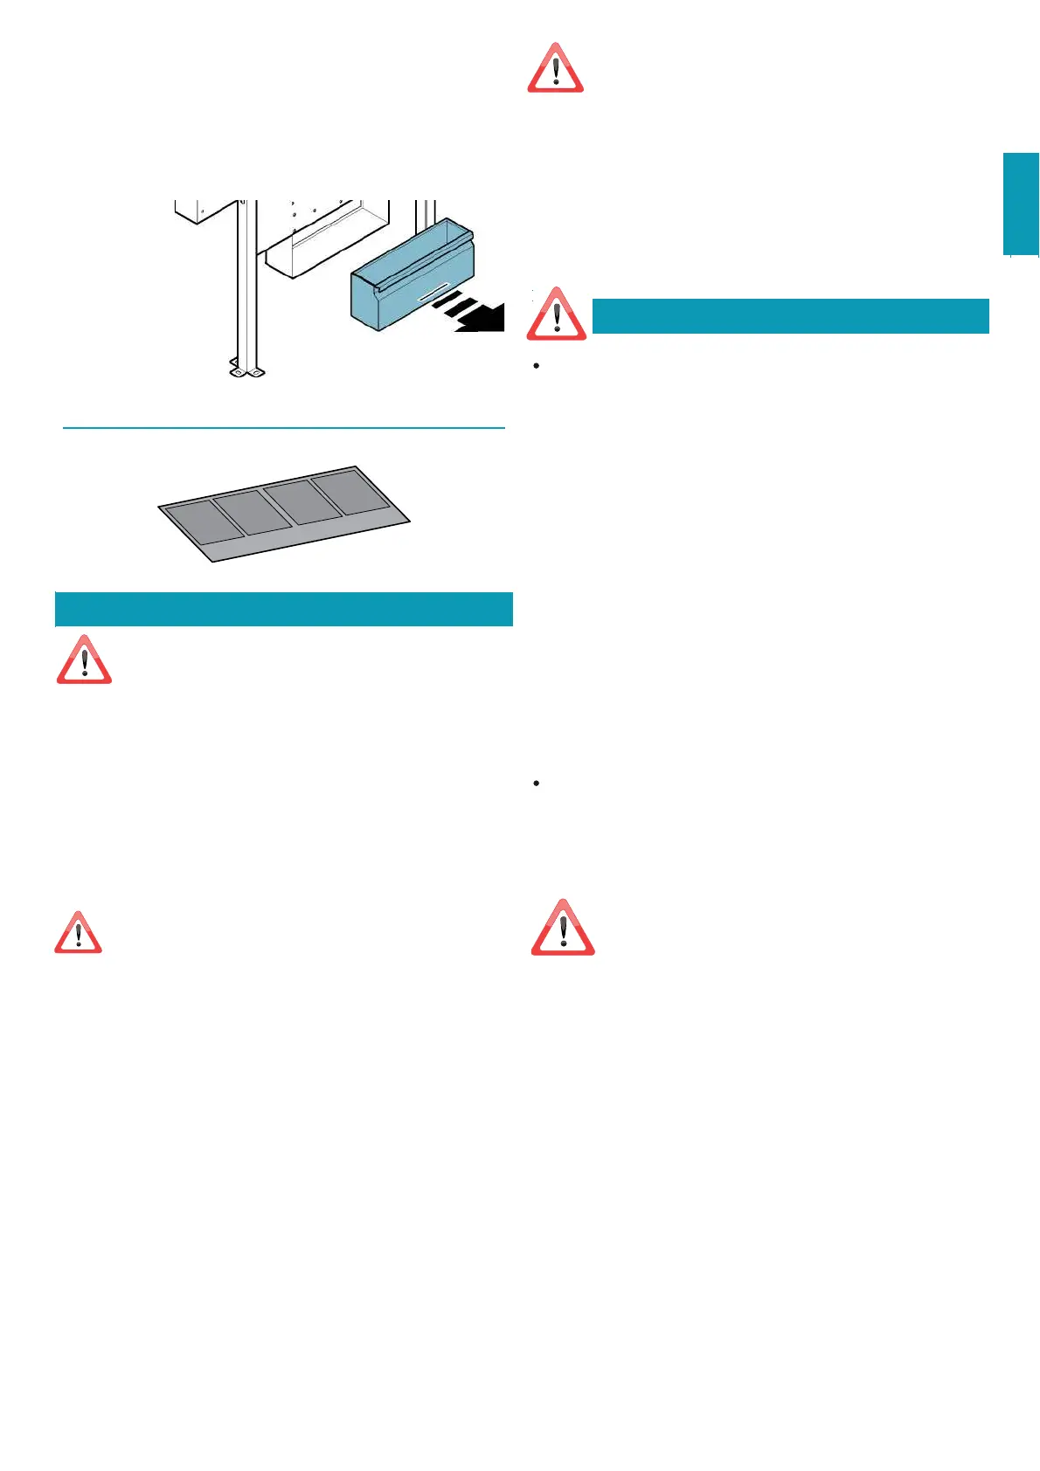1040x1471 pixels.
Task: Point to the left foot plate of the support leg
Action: tap(237, 370)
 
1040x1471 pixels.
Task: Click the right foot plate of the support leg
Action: tap(256, 370)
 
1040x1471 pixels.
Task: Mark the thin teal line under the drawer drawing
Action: tap(284, 428)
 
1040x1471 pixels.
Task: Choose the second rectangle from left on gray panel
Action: tap(253, 512)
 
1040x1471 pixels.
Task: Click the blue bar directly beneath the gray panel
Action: tap(283, 609)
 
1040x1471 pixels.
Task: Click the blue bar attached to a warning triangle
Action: tap(790, 315)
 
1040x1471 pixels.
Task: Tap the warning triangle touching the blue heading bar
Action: tap(557, 315)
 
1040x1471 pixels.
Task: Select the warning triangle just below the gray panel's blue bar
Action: tap(84, 661)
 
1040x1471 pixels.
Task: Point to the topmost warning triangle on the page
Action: tap(555, 69)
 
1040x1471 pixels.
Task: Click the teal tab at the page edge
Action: tap(1021, 204)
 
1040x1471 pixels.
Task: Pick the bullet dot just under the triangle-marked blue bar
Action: tap(536, 365)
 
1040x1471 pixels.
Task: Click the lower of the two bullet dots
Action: tap(536, 784)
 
